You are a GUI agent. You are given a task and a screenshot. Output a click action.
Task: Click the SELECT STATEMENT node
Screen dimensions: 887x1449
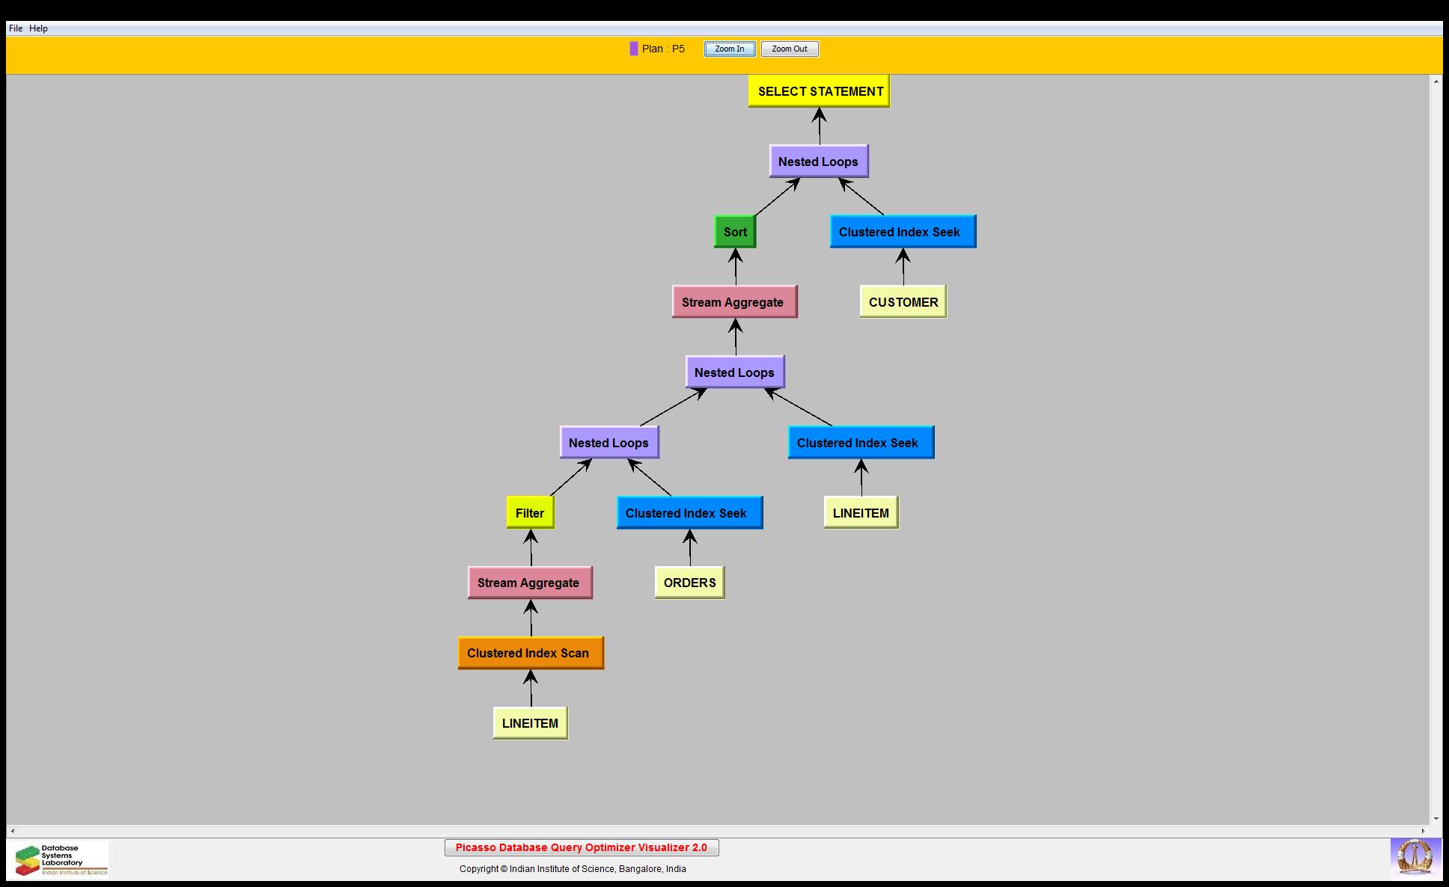pyautogui.click(x=819, y=91)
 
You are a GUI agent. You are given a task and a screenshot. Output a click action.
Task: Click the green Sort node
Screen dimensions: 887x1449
pyautogui.click(x=735, y=232)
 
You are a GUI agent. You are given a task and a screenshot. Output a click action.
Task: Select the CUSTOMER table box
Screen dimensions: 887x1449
pyautogui.click(x=903, y=302)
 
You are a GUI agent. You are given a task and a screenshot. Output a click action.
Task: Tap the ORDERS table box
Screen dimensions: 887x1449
pyautogui.click(x=689, y=583)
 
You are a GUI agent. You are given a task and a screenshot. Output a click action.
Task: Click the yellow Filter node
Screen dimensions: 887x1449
pyautogui.click(x=530, y=513)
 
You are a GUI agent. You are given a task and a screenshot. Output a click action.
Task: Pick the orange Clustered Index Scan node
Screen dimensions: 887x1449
pyautogui.click(x=530, y=653)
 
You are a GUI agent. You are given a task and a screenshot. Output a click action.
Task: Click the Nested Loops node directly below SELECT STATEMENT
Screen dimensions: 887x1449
pyautogui.click(x=818, y=162)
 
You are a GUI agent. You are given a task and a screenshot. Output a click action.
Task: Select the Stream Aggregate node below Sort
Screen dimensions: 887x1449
pyautogui.click(x=733, y=302)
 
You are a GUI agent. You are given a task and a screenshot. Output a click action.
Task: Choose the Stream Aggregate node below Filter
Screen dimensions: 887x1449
pyautogui.click(x=529, y=583)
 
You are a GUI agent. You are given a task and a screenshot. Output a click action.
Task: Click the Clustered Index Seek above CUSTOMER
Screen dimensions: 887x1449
pyautogui.click(x=902, y=232)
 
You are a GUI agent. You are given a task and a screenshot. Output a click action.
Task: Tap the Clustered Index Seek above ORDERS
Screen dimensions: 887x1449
pyautogui.click(x=689, y=513)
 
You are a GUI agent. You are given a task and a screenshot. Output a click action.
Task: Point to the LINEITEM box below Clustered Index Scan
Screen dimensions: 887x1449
pyautogui.click(x=530, y=723)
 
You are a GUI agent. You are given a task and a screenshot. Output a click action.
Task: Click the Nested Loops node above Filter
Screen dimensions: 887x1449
pyautogui.click(x=608, y=443)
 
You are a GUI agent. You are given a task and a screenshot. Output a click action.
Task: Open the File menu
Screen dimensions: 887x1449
pyautogui.click(x=16, y=28)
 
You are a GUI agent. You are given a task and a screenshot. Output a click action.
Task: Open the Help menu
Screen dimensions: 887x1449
pyautogui.click(x=39, y=28)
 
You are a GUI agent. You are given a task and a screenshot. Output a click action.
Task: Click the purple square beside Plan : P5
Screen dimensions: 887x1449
pyautogui.click(x=634, y=49)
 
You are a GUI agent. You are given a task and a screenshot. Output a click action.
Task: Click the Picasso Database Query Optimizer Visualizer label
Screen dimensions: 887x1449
pyautogui.click(x=581, y=847)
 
